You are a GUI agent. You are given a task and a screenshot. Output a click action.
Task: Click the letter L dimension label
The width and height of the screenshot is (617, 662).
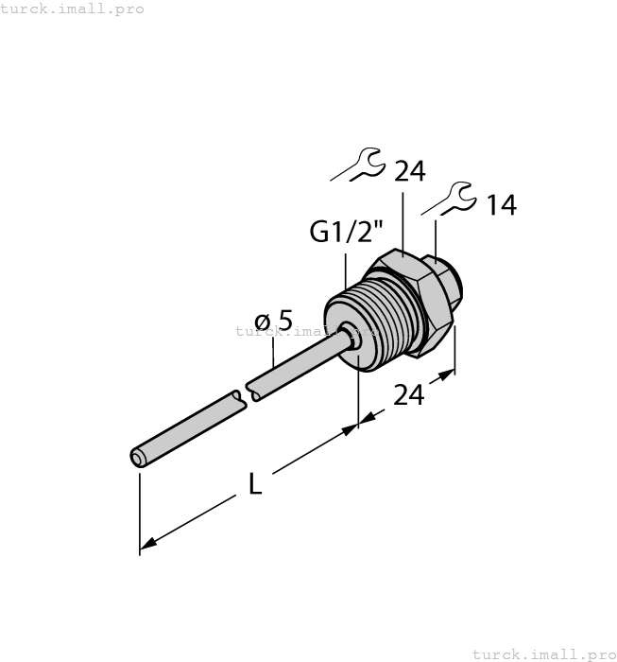click(254, 484)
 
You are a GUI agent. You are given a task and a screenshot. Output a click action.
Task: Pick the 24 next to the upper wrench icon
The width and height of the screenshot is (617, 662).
click(409, 171)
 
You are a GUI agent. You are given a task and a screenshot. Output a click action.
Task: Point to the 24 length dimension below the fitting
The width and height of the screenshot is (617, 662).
click(408, 395)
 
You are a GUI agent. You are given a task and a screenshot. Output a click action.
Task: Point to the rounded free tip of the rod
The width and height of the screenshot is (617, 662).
click(138, 459)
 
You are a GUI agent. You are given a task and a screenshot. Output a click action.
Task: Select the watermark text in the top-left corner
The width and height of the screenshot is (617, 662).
click(72, 9)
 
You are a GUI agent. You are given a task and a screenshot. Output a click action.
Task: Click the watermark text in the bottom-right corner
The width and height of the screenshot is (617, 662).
click(543, 653)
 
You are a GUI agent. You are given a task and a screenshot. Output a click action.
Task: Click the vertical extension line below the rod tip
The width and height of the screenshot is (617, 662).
click(140, 511)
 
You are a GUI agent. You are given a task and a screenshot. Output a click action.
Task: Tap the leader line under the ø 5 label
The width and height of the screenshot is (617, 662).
click(274, 355)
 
